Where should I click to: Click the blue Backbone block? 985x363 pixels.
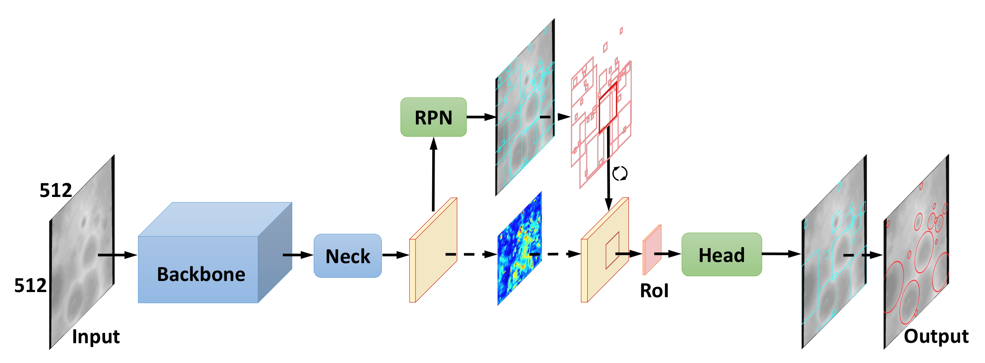(x=198, y=269)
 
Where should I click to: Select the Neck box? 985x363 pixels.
(x=348, y=256)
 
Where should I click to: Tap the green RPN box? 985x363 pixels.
(x=433, y=117)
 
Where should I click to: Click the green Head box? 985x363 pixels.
(x=721, y=255)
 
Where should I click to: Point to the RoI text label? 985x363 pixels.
(x=654, y=291)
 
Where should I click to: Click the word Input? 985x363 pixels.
(x=96, y=337)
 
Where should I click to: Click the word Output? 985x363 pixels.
(x=936, y=336)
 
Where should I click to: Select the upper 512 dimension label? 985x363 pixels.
(x=56, y=191)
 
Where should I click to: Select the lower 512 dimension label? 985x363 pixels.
(x=30, y=285)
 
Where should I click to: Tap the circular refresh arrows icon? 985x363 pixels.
(x=619, y=174)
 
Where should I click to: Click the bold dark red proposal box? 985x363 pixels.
(x=608, y=107)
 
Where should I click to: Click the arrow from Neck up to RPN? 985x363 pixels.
(x=433, y=174)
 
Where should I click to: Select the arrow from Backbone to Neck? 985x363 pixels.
(x=297, y=255)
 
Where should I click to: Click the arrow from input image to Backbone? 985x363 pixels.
(x=117, y=255)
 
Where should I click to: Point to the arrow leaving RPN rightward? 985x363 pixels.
(x=481, y=117)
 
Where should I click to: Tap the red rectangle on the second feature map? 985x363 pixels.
(x=612, y=250)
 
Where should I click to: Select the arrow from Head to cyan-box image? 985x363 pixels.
(x=780, y=254)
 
